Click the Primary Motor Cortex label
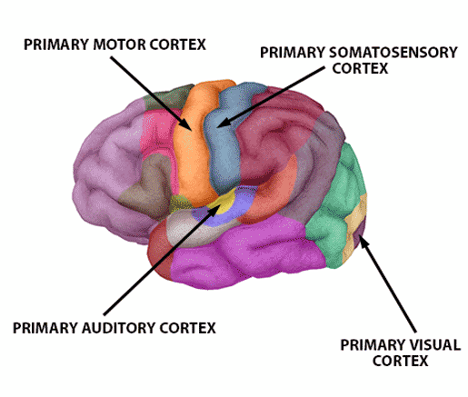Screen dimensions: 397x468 pyautogui.click(x=115, y=44)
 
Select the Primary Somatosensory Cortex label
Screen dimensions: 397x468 pyautogui.click(x=359, y=60)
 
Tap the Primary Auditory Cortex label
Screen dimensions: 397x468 pyautogui.click(x=115, y=328)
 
